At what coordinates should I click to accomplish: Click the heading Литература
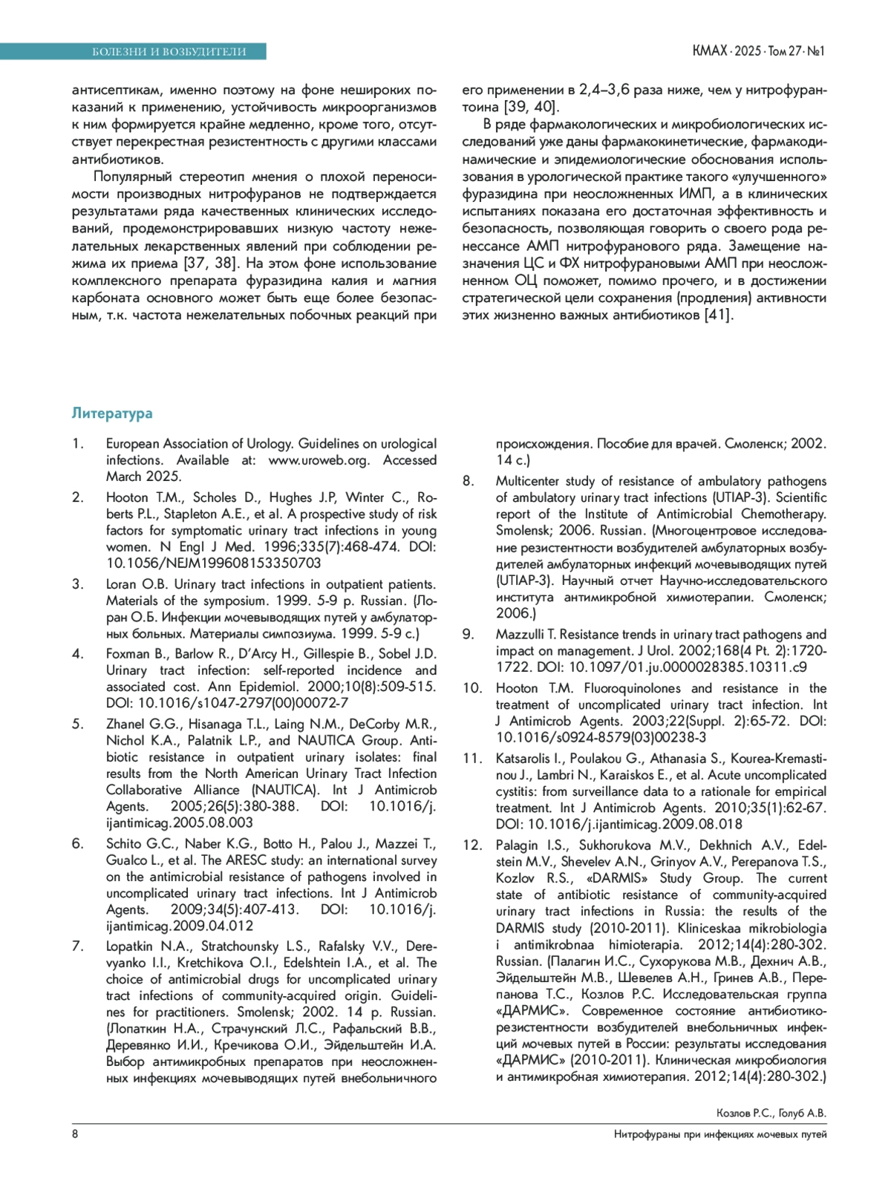(112, 413)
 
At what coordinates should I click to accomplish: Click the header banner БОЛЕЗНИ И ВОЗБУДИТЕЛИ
(169, 51)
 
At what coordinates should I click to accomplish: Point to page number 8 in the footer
(75, 1134)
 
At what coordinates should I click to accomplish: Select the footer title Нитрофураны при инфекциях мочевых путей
(720, 1134)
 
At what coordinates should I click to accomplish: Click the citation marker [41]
(718, 315)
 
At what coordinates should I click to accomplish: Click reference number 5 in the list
(77, 724)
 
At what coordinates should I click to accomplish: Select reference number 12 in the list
(472, 845)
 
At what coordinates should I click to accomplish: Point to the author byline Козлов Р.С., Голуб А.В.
(771, 1113)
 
